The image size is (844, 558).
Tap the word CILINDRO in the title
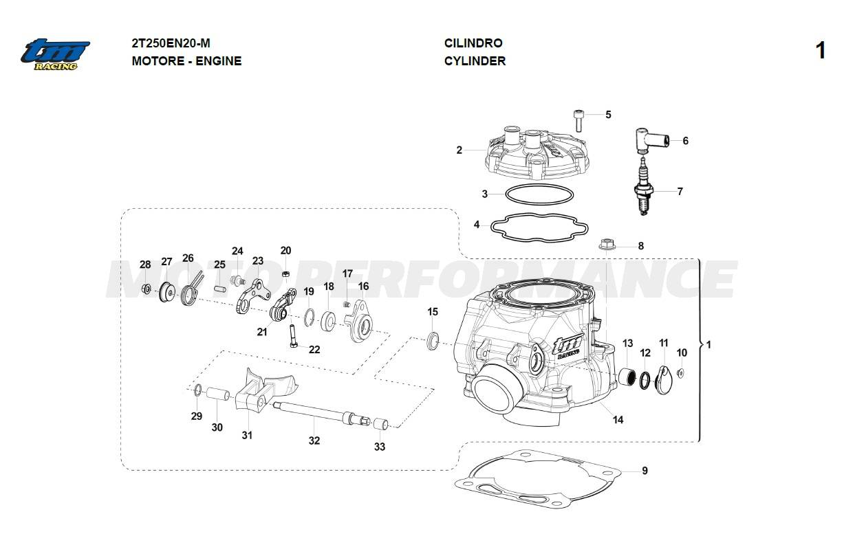[x=473, y=43]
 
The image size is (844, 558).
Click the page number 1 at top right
[x=820, y=52]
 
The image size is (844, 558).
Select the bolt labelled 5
[x=578, y=122]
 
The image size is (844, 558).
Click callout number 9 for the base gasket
[x=645, y=471]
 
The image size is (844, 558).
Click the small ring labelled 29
[x=197, y=391]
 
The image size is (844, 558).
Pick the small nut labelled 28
[x=146, y=289]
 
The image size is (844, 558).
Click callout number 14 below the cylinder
[x=618, y=419]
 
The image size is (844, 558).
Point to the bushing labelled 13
[x=627, y=377]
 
